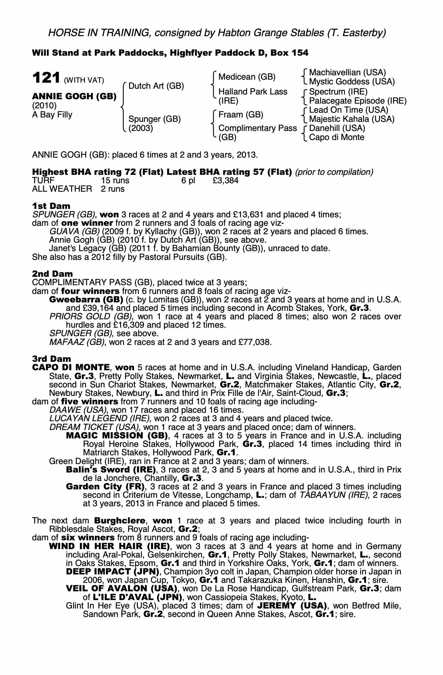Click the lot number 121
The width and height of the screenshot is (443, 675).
pos(46,78)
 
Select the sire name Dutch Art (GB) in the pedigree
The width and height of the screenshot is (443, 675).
pos(156,86)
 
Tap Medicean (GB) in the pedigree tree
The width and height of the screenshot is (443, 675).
pos(247,77)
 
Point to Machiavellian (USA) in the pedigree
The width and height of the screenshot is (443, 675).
pos(347,73)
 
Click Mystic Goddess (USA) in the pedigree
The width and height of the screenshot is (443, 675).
pos(352,82)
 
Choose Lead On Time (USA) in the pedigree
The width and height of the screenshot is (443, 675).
pos(349,110)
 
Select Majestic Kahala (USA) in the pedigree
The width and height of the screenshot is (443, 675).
pos(352,119)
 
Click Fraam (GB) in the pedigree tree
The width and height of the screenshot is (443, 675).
pos(241,115)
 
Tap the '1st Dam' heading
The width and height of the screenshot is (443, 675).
pos(51,206)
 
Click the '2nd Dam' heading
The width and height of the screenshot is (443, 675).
pos(52,274)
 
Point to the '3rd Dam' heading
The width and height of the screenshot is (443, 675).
pos(52,359)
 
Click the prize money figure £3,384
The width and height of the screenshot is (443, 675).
pos(226,181)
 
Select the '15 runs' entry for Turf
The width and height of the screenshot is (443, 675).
pos(115,181)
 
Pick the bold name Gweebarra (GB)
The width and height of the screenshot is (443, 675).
pos(86,300)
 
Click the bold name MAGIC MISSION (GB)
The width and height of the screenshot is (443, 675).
pos(117,436)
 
